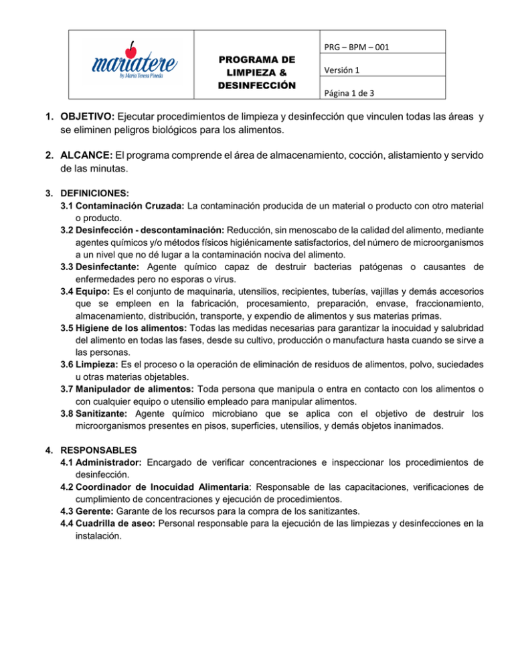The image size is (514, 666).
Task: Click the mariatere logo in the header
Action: (134, 64)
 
